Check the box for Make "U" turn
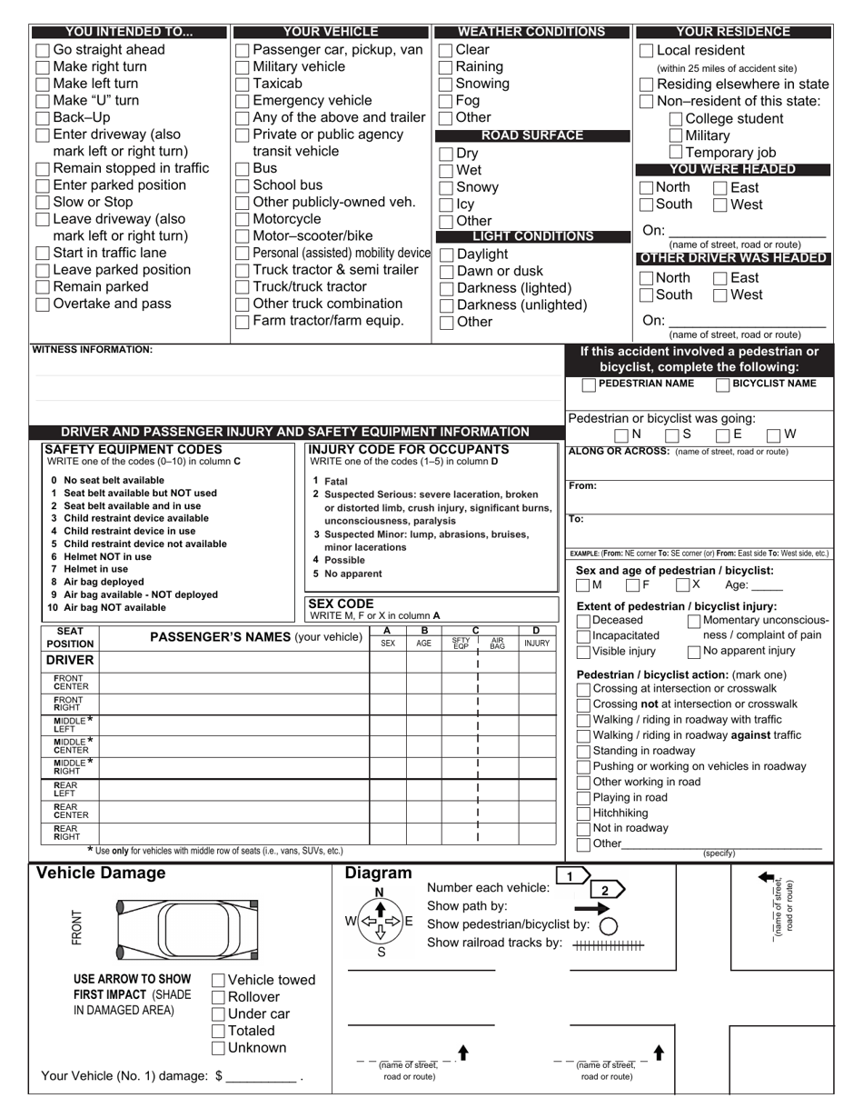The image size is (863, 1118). [43, 101]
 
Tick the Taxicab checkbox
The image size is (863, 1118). [242, 84]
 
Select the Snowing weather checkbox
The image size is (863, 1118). [445, 84]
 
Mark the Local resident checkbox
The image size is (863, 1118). [646, 51]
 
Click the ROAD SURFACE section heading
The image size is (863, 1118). [531, 135]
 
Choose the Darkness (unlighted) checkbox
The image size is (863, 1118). [446, 305]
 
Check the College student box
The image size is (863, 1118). [676, 119]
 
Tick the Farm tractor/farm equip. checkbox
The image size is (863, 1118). [242, 322]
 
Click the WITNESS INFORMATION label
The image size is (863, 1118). [93, 349]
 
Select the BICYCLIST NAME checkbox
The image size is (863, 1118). [722, 384]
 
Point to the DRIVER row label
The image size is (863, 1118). [70, 661]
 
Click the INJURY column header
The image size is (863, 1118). [536, 643]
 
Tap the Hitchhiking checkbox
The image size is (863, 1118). [583, 814]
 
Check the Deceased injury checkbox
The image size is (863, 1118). [583, 621]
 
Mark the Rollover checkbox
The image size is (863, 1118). [218, 997]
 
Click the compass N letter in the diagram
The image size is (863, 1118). [380, 892]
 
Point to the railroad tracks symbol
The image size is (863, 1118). [608, 945]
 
